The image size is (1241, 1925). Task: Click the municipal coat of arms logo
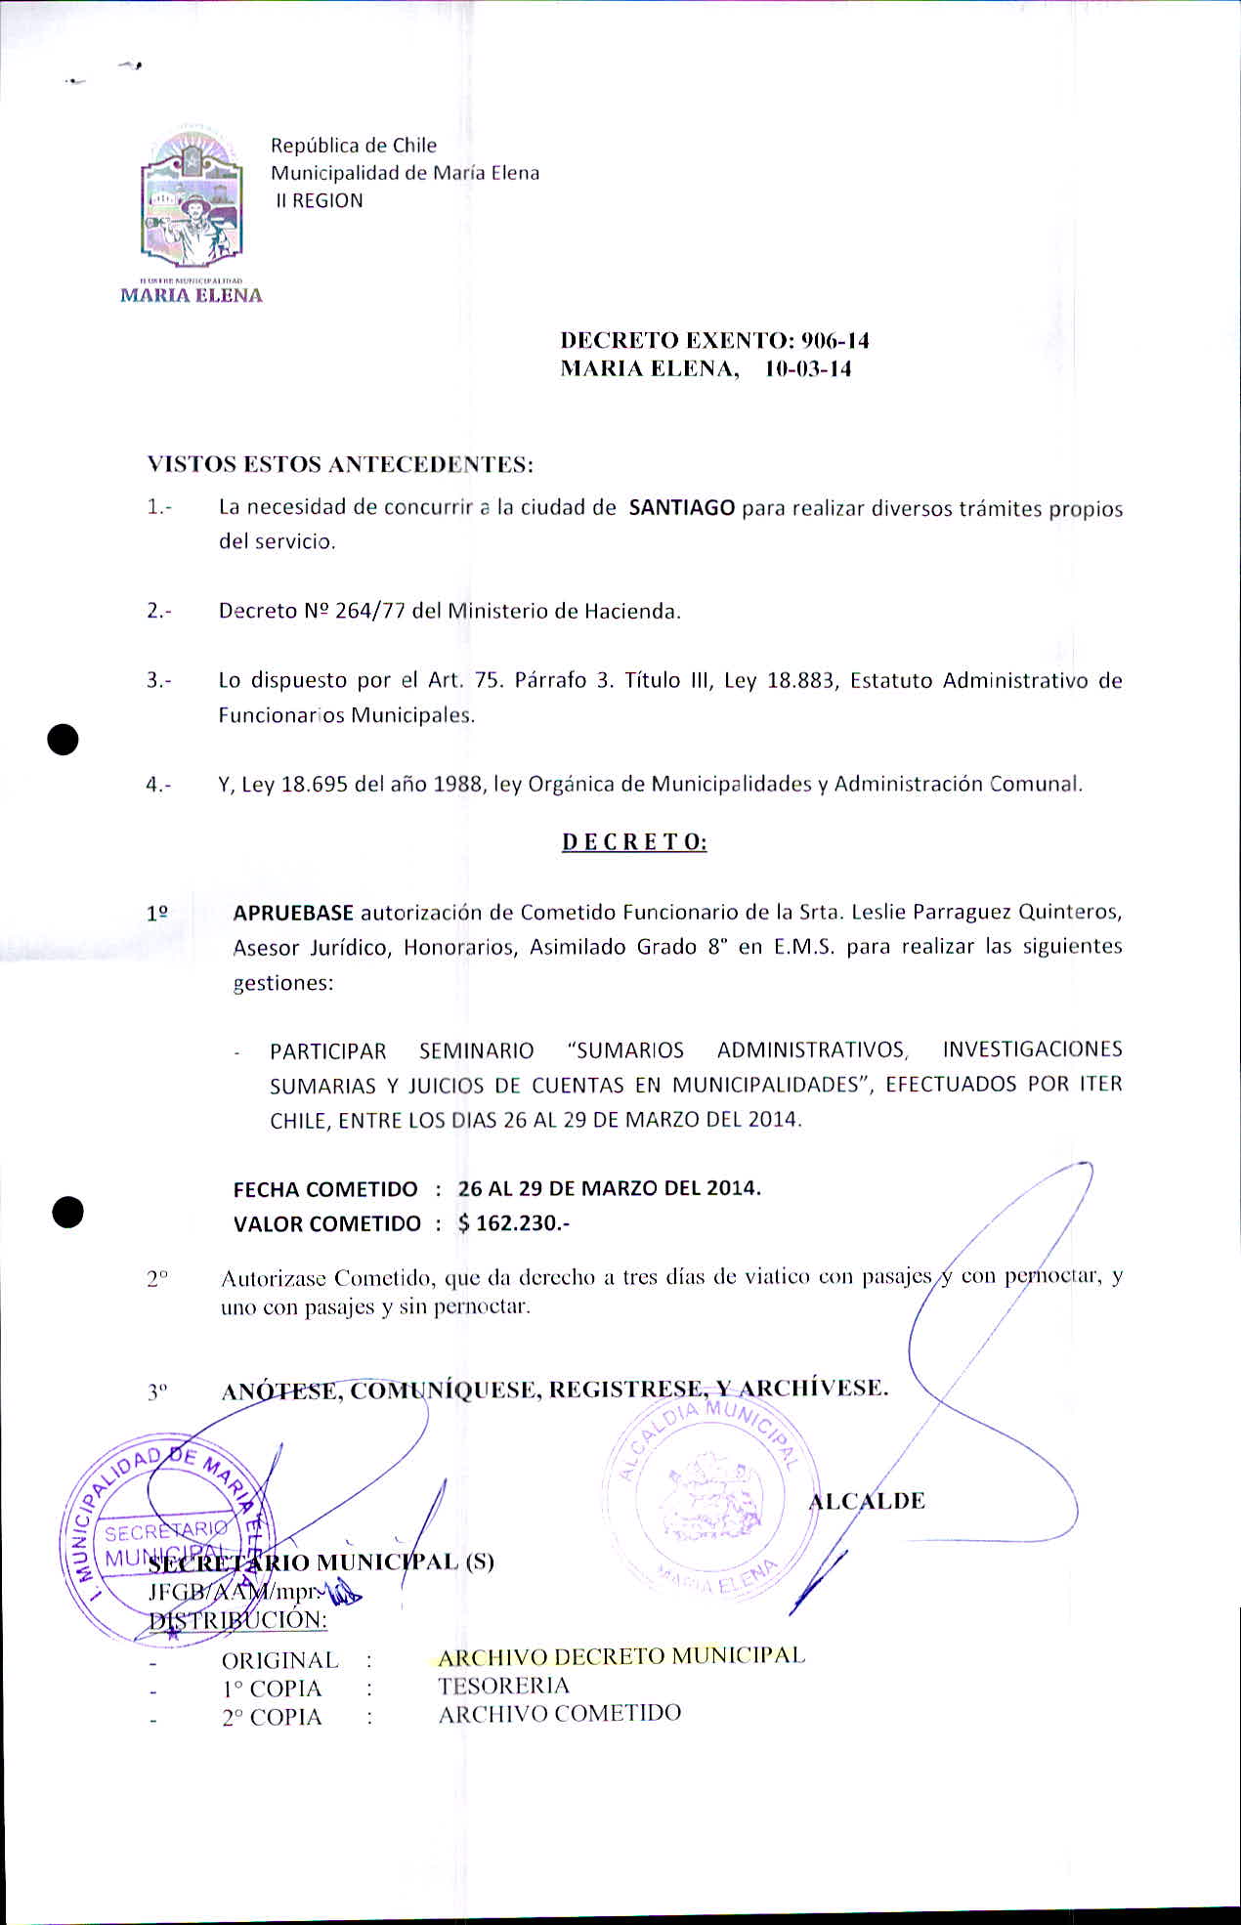point(192,200)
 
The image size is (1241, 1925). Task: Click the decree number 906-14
point(834,340)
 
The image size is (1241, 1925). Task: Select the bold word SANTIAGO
point(682,508)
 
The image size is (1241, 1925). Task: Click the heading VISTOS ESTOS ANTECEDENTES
point(340,464)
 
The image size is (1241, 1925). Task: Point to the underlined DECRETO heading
point(634,842)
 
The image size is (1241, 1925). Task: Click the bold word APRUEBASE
point(293,913)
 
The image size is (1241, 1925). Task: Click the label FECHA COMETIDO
point(324,1189)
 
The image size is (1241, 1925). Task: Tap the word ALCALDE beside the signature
point(868,1501)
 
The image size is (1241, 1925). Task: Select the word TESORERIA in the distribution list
point(503,1686)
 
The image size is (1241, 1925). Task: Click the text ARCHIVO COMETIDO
point(559,1714)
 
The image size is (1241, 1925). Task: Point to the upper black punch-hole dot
point(64,740)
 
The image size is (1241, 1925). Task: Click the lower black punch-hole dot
point(67,1212)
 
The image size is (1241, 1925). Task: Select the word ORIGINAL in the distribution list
point(279,1660)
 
